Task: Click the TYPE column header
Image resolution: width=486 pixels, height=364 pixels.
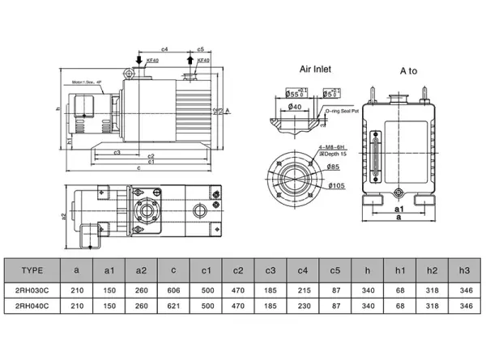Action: [32, 271]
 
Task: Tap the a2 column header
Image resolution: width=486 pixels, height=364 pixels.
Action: [141, 271]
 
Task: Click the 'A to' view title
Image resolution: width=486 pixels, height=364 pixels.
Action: [408, 70]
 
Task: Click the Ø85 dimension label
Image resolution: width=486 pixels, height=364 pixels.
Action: [332, 167]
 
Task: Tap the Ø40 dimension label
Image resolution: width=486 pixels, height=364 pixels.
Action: [294, 107]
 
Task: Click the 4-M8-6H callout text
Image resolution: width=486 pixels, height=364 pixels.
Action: [332, 146]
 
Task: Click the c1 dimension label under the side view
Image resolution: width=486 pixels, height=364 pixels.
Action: [151, 162]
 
